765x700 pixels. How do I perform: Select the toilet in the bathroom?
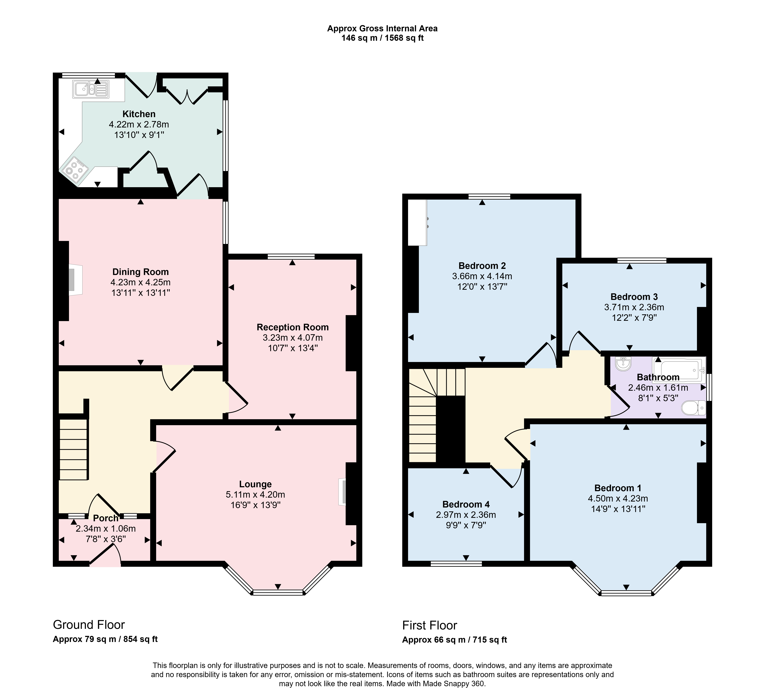coord(693,409)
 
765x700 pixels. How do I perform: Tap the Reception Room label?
coord(293,327)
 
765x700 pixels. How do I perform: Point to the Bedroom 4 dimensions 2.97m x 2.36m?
coord(466,515)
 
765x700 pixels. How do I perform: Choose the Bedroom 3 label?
coord(634,297)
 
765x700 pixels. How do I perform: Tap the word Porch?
coord(106,518)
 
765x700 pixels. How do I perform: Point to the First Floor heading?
coord(430,625)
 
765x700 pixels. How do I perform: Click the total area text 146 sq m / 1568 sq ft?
coord(382,38)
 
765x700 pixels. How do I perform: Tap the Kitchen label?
coord(139,114)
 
